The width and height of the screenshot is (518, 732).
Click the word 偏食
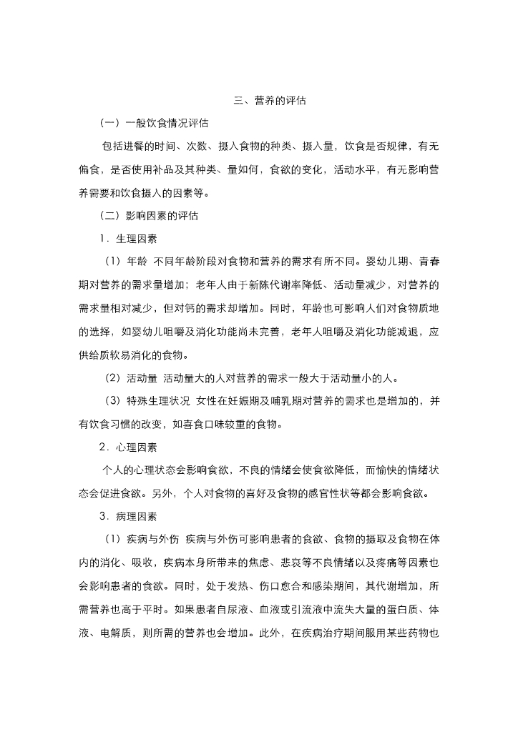(90, 170)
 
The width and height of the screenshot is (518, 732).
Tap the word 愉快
(387, 470)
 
